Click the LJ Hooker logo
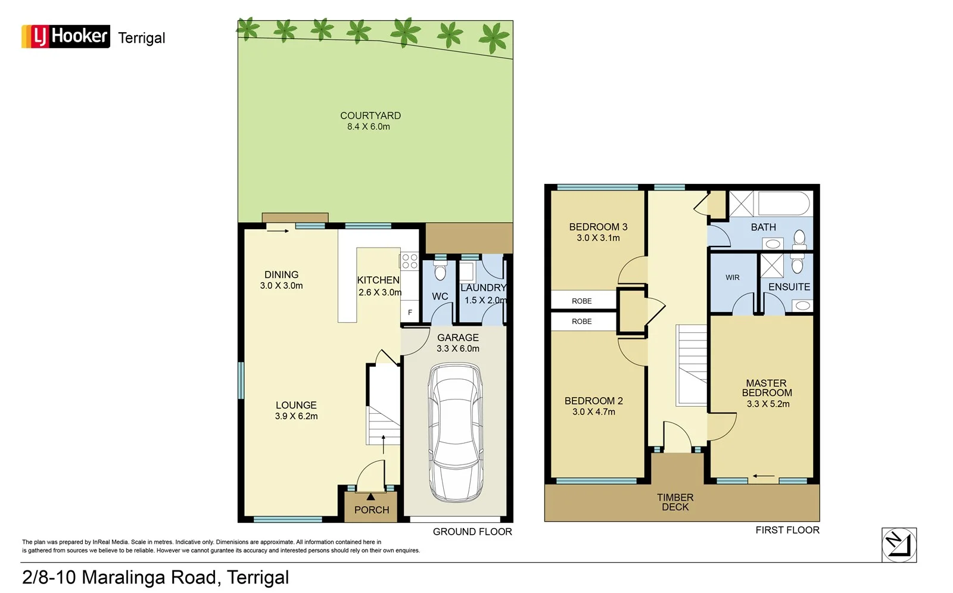(x=66, y=36)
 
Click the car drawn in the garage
(x=455, y=433)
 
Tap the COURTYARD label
(x=370, y=116)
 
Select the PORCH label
(x=371, y=510)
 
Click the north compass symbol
(x=899, y=545)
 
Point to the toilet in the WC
(x=440, y=273)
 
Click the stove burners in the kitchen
(x=409, y=261)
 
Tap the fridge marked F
(x=410, y=313)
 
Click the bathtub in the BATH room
(x=783, y=204)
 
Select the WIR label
(x=732, y=277)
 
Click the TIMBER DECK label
(x=675, y=502)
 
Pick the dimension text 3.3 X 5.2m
(x=768, y=404)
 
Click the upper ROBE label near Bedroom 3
(x=581, y=301)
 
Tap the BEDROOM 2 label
(x=593, y=401)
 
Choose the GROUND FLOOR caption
(x=472, y=532)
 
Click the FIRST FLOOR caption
(x=787, y=530)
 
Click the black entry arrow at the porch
(x=370, y=497)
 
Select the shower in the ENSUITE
(x=771, y=266)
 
